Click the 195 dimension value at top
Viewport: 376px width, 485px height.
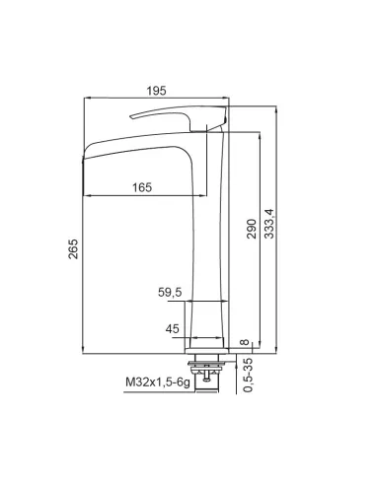click(x=156, y=91)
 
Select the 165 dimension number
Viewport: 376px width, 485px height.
click(x=142, y=187)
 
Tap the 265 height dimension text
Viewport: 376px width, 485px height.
click(x=73, y=248)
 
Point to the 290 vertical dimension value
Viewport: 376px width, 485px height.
click(x=252, y=229)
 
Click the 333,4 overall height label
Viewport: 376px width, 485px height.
click(x=269, y=224)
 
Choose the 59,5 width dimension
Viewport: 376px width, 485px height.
click(x=170, y=292)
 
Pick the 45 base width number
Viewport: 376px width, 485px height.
click(x=173, y=328)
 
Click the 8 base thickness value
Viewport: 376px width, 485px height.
click(x=245, y=342)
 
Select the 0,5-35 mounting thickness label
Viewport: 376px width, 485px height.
click(x=249, y=375)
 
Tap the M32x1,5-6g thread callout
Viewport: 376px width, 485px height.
click(x=158, y=382)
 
